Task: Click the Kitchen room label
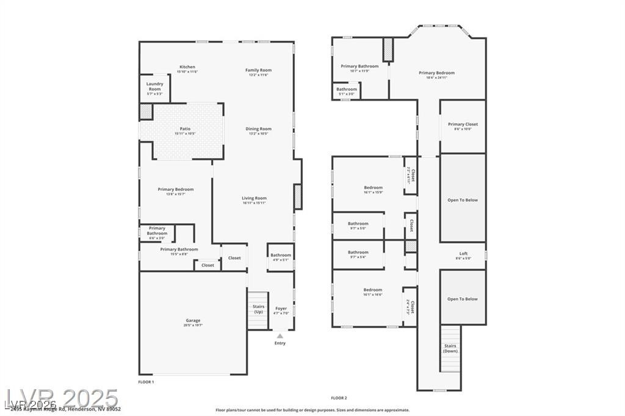click(x=187, y=67)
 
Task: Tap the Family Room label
click(x=258, y=70)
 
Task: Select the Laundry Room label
click(x=154, y=87)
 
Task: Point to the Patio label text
click(x=185, y=129)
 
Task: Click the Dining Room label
click(x=258, y=129)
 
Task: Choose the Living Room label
click(x=254, y=198)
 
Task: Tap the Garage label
click(x=193, y=321)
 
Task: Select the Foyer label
click(x=281, y=309)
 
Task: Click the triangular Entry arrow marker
click(x=280, y=335)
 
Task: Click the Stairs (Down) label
click(x=450, y=348)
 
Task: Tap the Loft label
click(x=463, y=254)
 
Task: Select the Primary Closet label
click(x=463, y=124)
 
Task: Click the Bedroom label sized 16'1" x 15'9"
click(x=373, y=188)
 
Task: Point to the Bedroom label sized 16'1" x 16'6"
click(x=373, y=290)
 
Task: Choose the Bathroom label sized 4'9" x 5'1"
click(x=281, y=256)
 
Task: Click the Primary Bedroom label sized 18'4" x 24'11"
click(x=436, y=73)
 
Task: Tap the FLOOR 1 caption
click(x=146, y=381)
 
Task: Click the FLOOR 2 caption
click(x=339, y=398)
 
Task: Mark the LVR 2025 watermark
click(x=61, y=400)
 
